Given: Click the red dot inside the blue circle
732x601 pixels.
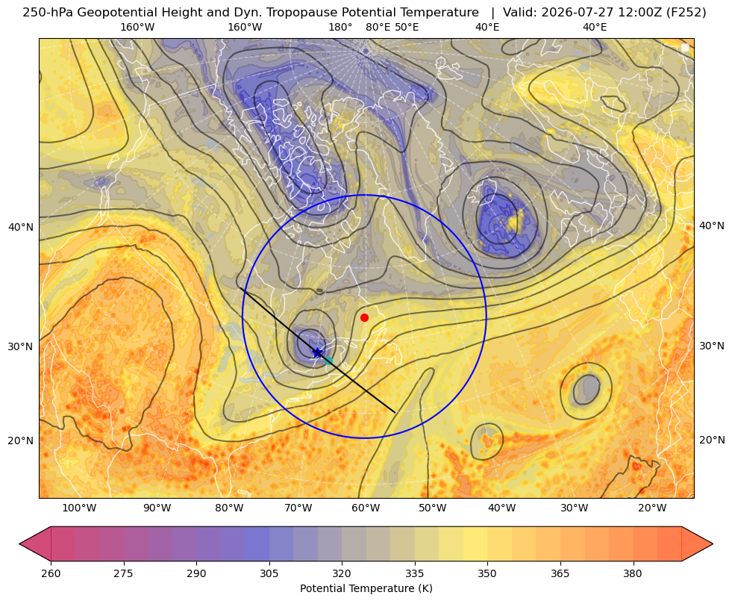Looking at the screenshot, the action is (x=365, y=317).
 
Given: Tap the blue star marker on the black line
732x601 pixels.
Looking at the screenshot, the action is (x=317, y=352).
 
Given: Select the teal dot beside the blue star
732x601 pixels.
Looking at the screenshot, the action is (x=328, y=361).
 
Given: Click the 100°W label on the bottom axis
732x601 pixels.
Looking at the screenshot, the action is (x=79, y=508).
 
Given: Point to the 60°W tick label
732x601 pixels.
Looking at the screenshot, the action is (x=366, y=508).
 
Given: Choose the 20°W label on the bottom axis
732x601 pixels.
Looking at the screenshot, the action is (x=652, y=508).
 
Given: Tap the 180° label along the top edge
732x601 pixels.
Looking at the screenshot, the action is (x=340, y=27).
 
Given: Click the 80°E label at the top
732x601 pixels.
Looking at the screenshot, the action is (x=378, y=27).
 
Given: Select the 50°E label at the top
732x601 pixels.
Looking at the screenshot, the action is (x=407, y=27).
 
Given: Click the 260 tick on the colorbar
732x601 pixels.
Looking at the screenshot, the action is (x=51, y=573).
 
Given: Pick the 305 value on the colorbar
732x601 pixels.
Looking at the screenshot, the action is (x=269, y=573).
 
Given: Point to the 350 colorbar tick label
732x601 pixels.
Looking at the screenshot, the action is (x=487, y=573).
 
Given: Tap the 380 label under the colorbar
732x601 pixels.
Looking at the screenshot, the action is (x=633, y=573).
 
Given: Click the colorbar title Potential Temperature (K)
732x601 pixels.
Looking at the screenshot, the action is (x=366, y=588).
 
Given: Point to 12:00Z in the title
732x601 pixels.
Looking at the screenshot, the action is (x=638, y=13).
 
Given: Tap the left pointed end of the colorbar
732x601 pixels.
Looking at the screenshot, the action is (x=19, y=544).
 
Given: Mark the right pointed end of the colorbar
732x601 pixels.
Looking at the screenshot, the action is (x=713, y=544).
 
